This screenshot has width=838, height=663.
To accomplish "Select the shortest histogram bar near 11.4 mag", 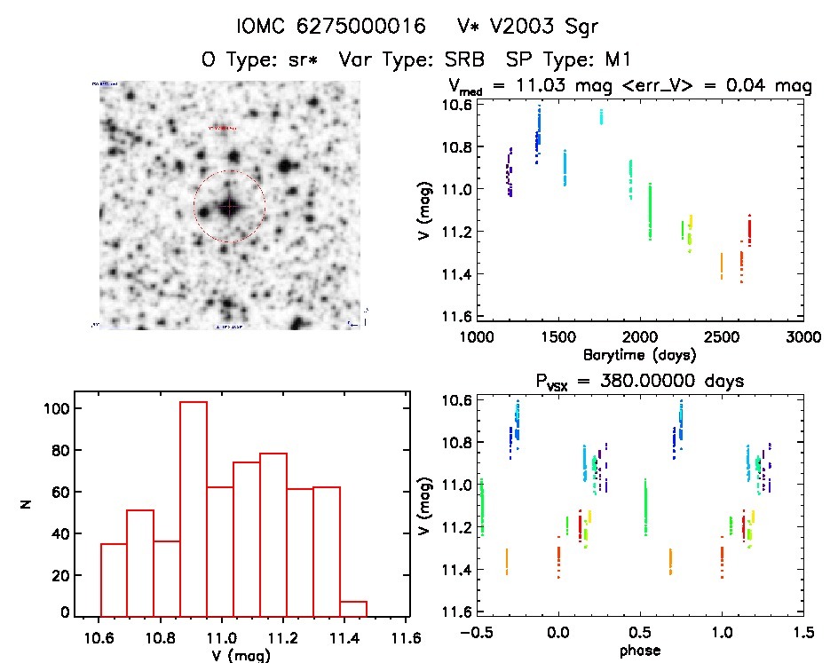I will click(x=352, y=607).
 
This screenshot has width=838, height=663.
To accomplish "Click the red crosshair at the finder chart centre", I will click(x=230, y=207).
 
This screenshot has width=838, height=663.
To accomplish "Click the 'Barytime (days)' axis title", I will click(x=639, y=355).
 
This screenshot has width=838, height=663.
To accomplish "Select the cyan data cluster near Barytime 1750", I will click(x=601, y=116).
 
